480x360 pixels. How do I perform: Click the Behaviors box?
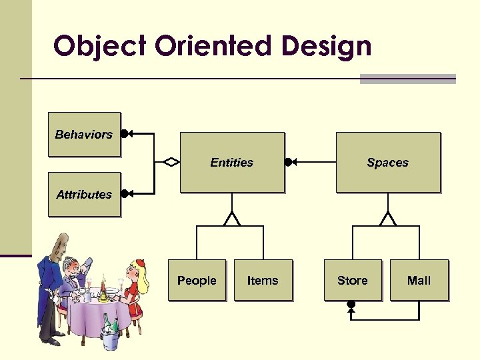tap(84, 134)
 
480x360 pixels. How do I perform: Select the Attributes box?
tap(84, 195)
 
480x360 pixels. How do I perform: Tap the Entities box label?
tap(231, 163)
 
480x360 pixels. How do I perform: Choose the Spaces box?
tap(387, 163)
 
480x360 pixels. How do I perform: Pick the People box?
tap(197, 281)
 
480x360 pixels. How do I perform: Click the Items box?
tap(263, 281)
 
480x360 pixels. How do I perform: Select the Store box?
tap(352, 281)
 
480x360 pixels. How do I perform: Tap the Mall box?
tap(419, 281)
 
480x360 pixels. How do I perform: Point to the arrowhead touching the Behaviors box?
tap(127, 133)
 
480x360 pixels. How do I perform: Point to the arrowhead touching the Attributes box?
tap(127, 194)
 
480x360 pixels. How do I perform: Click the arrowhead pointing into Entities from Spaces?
tap(291, 162)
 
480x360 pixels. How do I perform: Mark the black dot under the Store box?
tap(351, 305)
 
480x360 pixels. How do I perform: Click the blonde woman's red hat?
tap(139, 263)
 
